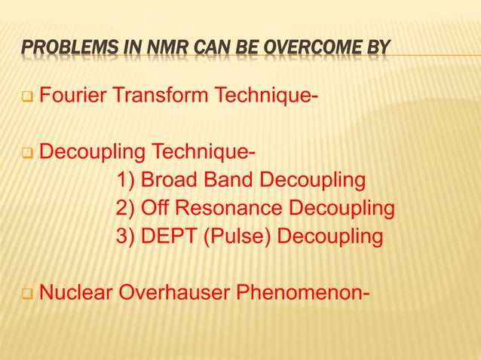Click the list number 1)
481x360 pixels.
point(126,182)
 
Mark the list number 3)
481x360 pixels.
point(126,236)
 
